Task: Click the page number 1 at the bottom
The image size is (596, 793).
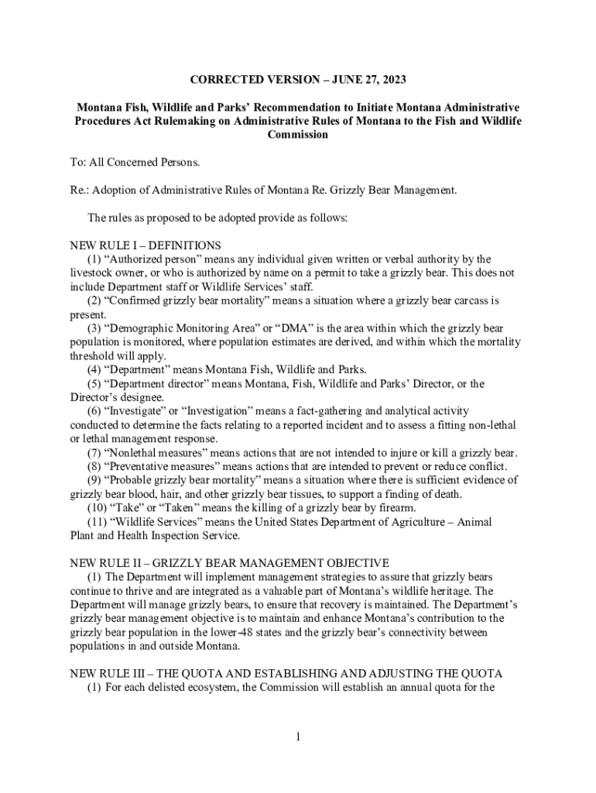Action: tap(297, 736)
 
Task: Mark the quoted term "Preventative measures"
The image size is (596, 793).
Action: tap(159, 466)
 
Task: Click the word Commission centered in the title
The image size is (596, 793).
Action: tap(297, 135)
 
